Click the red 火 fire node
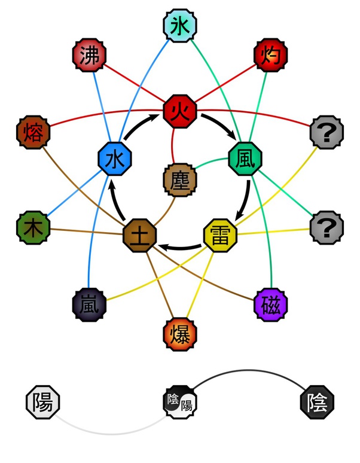[x=180, y=111]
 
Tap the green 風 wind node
[x=245, y=159]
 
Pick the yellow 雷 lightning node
[x=220, y=234]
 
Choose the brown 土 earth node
[x=139, y=234]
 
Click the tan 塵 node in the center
[x=180, y=179]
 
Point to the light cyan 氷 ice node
[x=180, y=26]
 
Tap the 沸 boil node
[x=89, y=57]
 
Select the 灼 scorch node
[x=270, y=57]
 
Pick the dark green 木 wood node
[x=32, y=228]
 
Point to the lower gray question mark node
[x=327, y=228]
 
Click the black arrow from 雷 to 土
[x=179, y=246]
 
